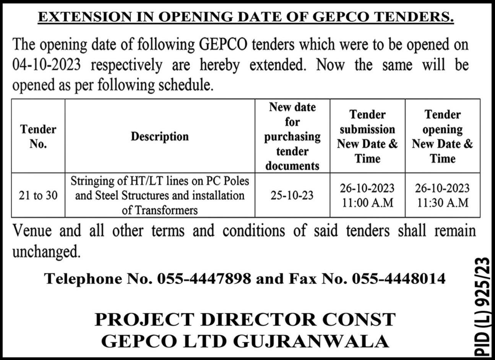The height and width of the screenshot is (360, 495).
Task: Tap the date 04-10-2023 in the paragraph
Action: [x=47, y=65]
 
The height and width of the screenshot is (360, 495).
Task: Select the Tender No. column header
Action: [x=38, y=136]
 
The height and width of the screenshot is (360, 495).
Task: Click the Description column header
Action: [x=160, y=136]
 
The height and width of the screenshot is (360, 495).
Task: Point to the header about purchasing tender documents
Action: [x=292, y=136]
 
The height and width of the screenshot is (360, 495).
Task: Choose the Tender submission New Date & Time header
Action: [x=367, y=136]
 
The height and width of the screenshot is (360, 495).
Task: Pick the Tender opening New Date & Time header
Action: [x=442, y=136]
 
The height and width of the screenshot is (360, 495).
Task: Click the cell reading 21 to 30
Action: [x=38, y=196]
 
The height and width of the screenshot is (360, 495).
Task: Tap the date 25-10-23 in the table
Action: [x=292, y=196]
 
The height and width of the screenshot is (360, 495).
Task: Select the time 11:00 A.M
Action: [x=367, y=203]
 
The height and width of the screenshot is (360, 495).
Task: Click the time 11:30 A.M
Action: [x=442, y=203]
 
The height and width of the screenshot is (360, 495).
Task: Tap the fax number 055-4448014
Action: [x=399, y=279]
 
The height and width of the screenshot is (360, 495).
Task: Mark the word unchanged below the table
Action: [x=47, y=252]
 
